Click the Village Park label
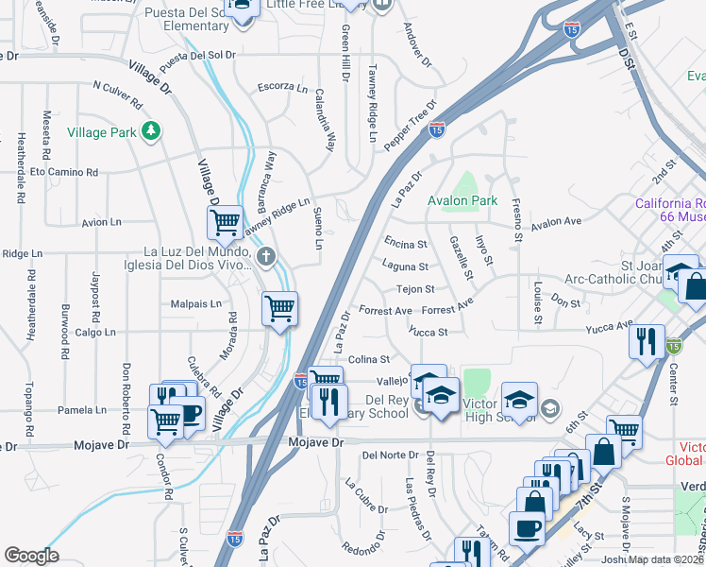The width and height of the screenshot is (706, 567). coord(102,132)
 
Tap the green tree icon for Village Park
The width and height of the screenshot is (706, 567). coord(150,129)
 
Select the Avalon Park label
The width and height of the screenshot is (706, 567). coord(462,200)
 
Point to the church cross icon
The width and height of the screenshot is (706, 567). coord(267,255)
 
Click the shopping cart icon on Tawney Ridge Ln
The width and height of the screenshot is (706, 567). coord(226,223)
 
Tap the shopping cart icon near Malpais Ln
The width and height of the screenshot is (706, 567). coord(280,308)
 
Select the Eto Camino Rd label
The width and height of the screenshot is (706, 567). coord(64,173)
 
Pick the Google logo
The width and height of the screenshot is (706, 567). coord(31,555)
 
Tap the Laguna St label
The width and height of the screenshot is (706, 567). coord(406,267)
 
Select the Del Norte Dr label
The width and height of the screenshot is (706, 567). coord(389,455)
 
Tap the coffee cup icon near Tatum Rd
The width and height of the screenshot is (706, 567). coord(527,527)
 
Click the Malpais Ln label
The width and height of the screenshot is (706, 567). coord(195,304)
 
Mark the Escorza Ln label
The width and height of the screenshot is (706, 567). coord(283,87)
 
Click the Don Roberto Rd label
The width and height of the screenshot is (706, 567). coord(126,390)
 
